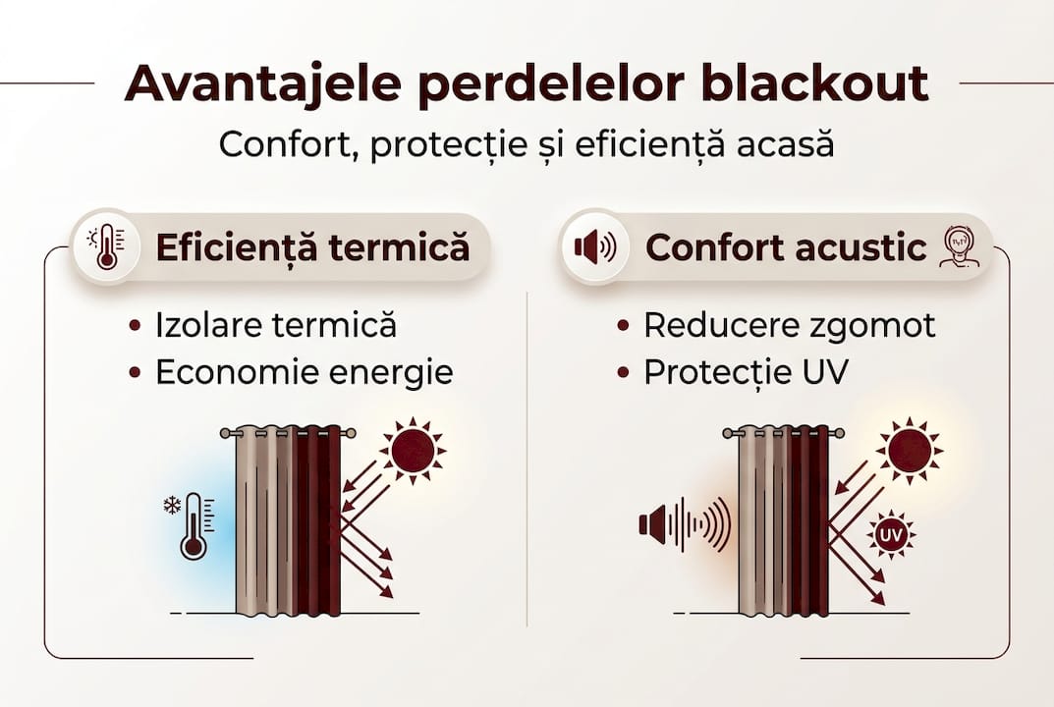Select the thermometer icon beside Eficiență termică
coord(106,247)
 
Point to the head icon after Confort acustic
coord(958,247)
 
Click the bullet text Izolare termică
coord(276,325)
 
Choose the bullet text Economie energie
coord(305,372)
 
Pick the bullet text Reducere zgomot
coord(789,325)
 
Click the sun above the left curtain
coord(414,450)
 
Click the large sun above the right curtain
coord(910,450)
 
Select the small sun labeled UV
coord(890,535)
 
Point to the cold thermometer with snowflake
coord(194,526)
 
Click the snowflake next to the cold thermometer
coord(172,507)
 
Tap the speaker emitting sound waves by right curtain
coord(684,523)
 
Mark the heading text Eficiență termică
coord(312,247)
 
